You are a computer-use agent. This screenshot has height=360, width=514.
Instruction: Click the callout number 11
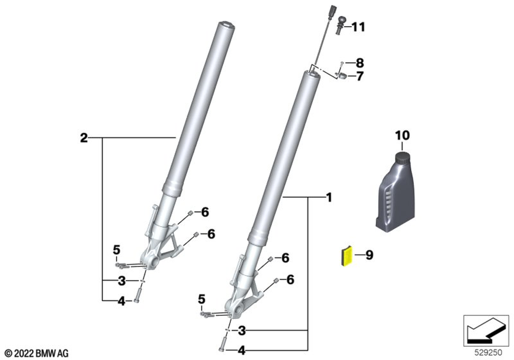[358, 27]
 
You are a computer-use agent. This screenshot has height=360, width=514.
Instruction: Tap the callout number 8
[360, 63]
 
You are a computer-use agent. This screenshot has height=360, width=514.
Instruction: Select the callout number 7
[360, 76]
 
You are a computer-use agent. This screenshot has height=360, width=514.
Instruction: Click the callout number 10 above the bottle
[402, 135]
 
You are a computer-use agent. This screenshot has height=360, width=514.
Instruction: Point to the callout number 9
[369, 255]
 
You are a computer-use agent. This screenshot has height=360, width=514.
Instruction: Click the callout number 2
[84, 138]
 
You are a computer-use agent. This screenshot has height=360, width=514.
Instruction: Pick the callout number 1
[329, 197]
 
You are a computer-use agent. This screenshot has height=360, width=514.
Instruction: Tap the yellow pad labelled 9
[346, 256]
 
